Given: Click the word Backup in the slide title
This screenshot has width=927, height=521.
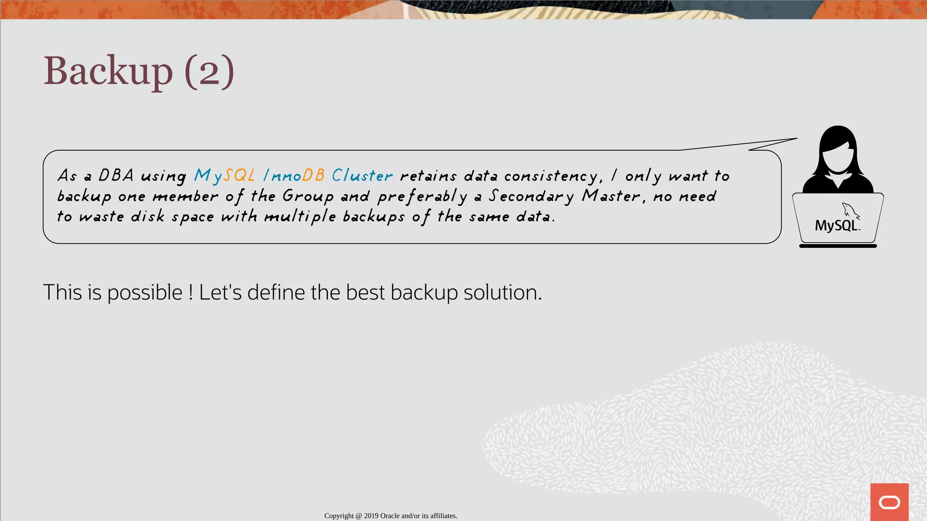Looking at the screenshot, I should click(108, 71).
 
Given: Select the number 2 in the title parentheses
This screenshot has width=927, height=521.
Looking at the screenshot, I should click(209, 72).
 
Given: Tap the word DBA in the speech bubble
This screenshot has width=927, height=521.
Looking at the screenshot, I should click(116, 175).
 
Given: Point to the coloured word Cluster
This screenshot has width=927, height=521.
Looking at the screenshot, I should click(362, 175).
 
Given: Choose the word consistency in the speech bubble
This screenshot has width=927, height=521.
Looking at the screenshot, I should click(553, 176).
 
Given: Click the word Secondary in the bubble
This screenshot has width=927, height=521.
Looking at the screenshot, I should click(531, 196).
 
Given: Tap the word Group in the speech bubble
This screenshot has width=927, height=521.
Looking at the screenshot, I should click(308, 196).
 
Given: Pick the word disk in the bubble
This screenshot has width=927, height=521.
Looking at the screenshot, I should click(148, 217).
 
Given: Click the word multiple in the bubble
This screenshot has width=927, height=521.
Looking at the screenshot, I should click(300, 217).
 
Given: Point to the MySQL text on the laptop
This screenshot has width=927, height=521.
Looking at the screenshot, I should click(836, 226).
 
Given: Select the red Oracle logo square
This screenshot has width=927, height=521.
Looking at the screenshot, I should click(889, 502).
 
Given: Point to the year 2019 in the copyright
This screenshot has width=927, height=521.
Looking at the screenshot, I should click(371, 516).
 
